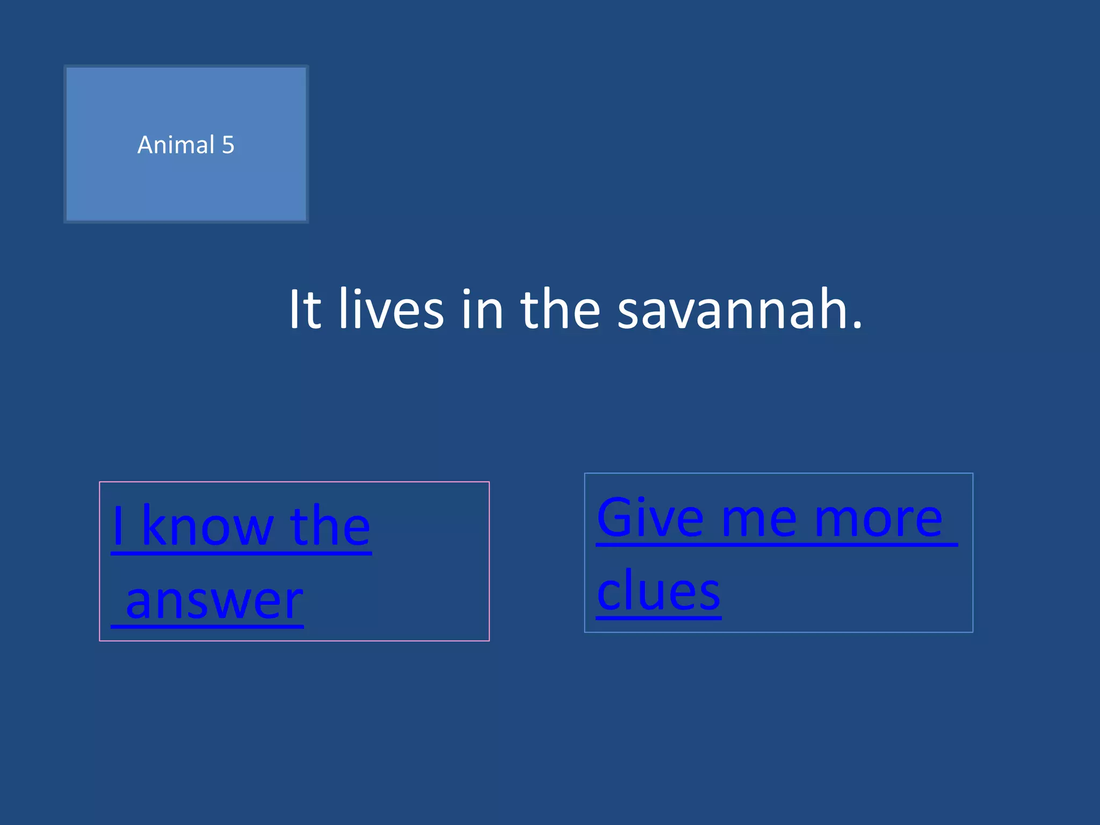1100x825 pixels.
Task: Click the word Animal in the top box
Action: pyautogui.click(x=176, y=145)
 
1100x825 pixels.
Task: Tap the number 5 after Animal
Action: pyautogui.click(x=228, y=145)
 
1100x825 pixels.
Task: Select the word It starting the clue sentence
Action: pyautogui.click(x=305, y=310)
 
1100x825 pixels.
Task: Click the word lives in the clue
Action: pyautogui.click(x=390, y=310)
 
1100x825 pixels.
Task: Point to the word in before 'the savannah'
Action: pyautogui.click(x=482, y=310)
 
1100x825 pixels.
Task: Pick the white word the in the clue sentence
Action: pyautogui.click(x=560, y=310)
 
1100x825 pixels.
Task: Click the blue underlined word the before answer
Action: pyautogui.click(x=330, y=526)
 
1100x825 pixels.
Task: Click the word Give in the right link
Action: pyautogui.click(x=650, y=518)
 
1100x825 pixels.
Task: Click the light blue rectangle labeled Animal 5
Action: pyautogui.click(x=186, y=183)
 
